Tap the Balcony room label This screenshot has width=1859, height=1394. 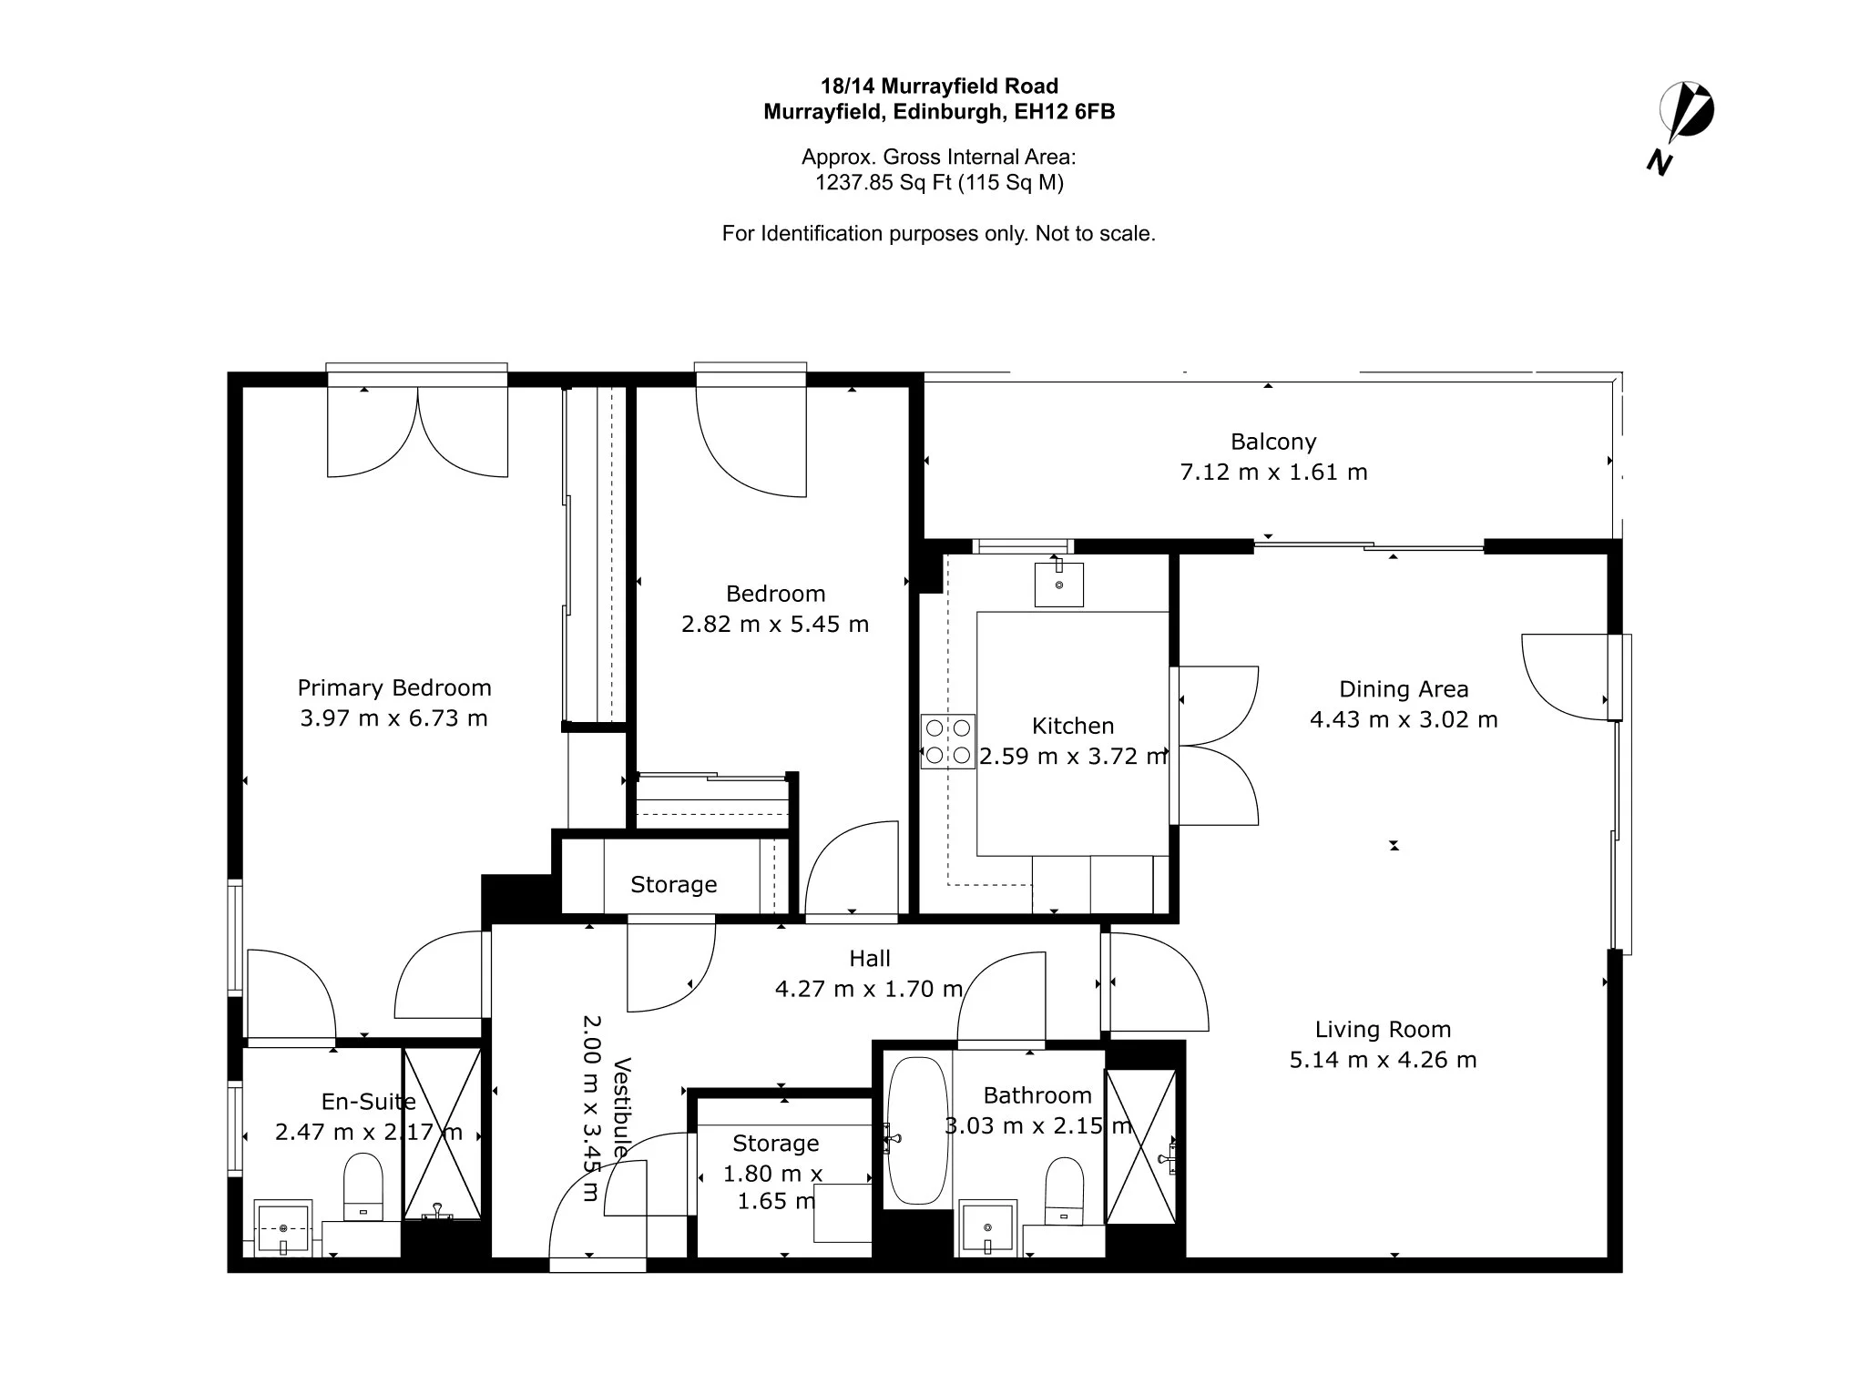point(1273,442)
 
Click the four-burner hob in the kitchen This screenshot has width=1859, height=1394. point(948,741)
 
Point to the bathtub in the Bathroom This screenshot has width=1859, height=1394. point(918,1130)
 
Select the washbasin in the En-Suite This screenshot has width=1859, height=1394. point(283,1228)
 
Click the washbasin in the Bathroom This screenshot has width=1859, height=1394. point(988,1228)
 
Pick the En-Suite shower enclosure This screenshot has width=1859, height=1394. point(442,1134)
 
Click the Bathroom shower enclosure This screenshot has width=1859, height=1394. point(1140,1146)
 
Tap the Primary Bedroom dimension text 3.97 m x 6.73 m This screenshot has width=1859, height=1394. point(394,718)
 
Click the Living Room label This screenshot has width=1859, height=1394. point(1383,1030)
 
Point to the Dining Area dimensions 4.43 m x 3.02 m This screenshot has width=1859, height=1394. point(1404,719)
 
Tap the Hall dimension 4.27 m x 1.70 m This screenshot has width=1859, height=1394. point(869,989)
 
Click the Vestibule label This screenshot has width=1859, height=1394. point(622,1107)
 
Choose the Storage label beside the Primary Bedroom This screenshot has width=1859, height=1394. point(674,885)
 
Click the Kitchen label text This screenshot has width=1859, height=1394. point(1073,726)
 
